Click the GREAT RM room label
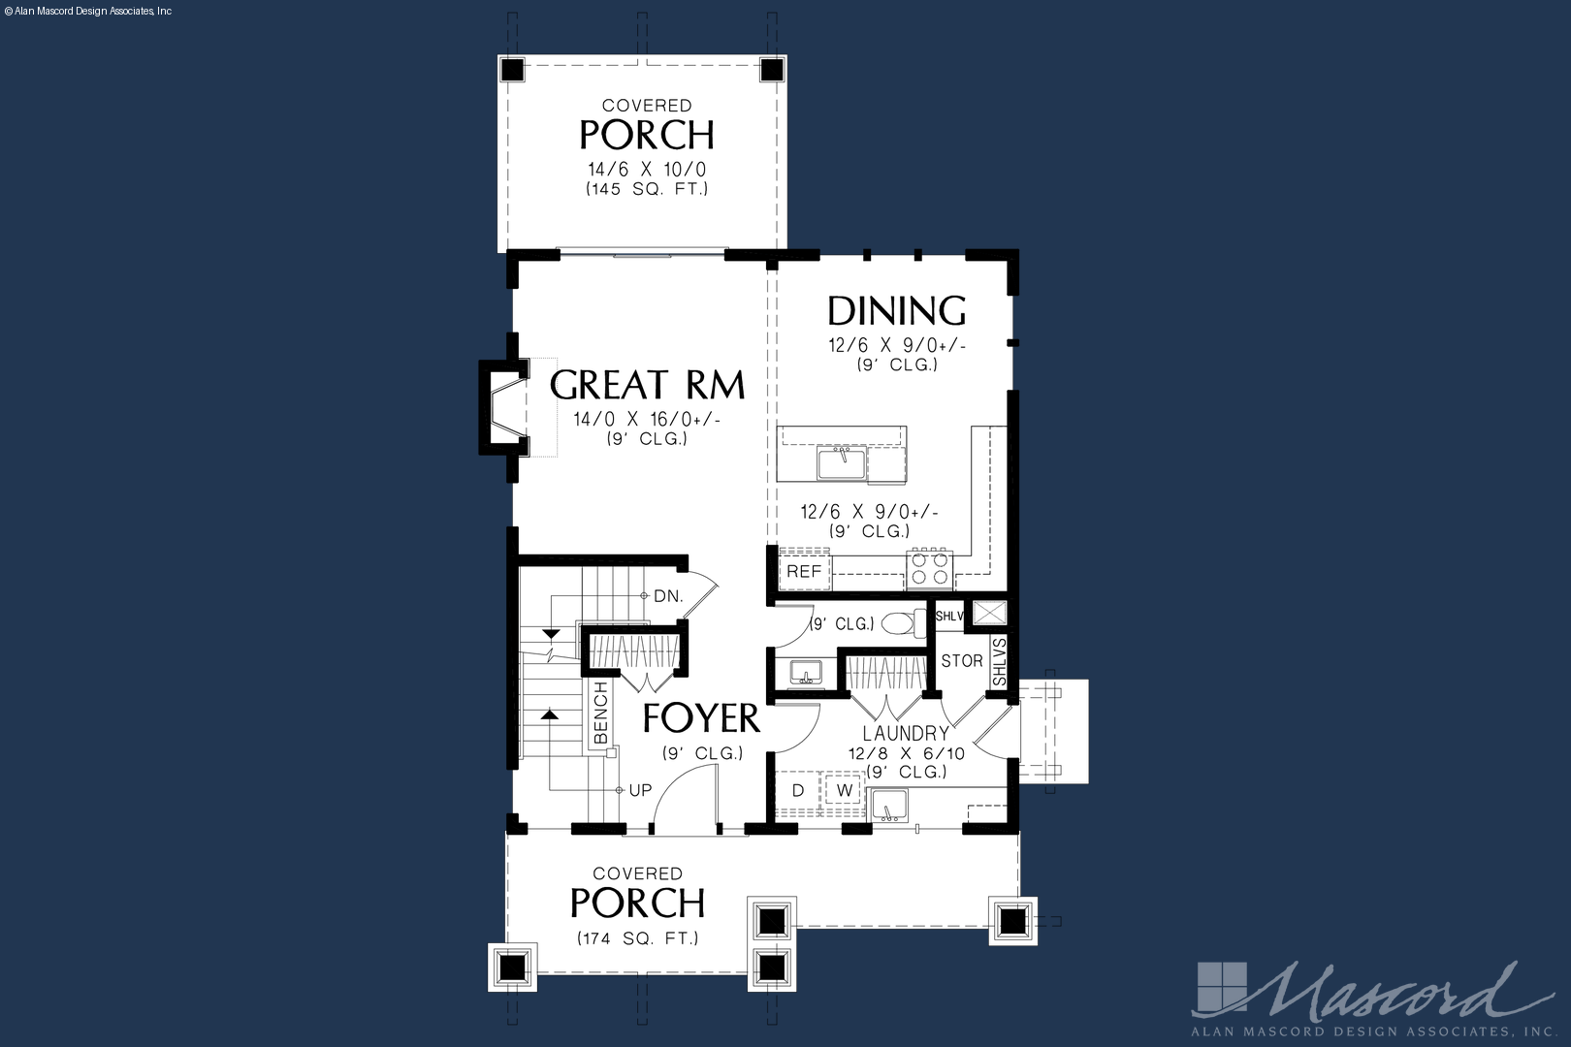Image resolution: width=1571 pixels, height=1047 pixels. [x=647, y=384]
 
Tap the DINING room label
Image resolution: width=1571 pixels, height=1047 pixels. [x=897, y=310]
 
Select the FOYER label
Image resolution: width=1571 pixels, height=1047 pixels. [x=701, y=717]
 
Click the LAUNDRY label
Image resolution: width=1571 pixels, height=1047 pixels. [x=906, y=734]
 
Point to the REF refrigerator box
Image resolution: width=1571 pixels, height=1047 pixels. [x=804, y=571]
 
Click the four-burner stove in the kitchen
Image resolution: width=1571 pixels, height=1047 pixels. [x=929, y=568]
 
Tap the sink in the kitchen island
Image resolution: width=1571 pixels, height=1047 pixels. [x=842, y=463]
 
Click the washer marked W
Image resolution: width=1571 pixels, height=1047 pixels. [x=845, y=790]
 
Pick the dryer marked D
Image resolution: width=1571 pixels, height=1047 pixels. [x=798, y=790]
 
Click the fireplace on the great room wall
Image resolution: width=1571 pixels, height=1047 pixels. [x=503, y=407]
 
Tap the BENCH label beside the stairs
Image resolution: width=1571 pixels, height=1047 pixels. [x=601, y=713]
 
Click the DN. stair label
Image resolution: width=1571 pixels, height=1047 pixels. [x=668, y=596]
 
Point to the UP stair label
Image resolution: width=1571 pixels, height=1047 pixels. [x=640, y=790]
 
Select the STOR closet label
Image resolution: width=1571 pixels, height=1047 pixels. [x=962, y=660]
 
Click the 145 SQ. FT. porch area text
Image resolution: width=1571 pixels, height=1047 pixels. [x=647, y=189]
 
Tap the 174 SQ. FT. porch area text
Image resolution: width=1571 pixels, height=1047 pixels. [x=637, y=938]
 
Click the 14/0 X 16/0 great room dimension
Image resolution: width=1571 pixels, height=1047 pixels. [x=647, y=420]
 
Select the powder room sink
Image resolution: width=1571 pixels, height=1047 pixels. [x=806, y=672]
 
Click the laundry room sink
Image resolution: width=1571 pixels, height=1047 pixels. [x=889, y=805]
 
